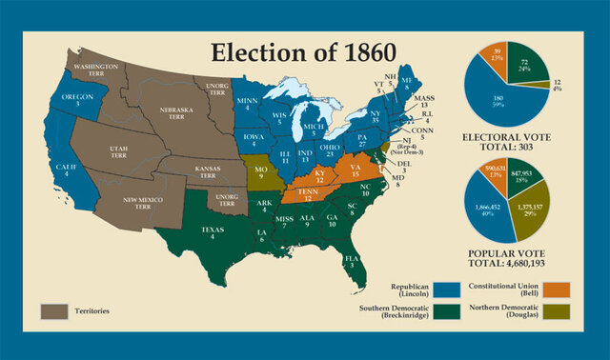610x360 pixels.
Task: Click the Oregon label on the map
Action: pyautogui.click(x=77, y=101)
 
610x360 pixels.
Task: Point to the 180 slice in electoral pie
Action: pyautogui.click(x=492, y=99)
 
